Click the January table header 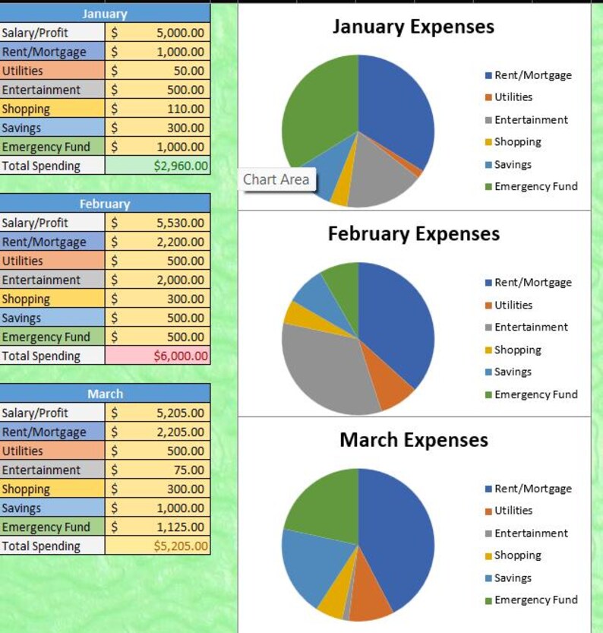tap(105, 14)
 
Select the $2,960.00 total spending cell tap(158, 166)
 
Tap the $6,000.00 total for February tap(158, 356)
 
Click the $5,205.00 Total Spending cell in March tap(158, 546)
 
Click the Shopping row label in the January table tap(26, 109)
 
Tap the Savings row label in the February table tap(21, 318)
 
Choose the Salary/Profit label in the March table tap(34, 413)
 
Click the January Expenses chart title tap(413, 27)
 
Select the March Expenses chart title tap(413, 440)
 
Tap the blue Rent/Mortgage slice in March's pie tap(399, 532)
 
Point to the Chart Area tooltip tap(276, 180)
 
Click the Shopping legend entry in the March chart tap(517, 555)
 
